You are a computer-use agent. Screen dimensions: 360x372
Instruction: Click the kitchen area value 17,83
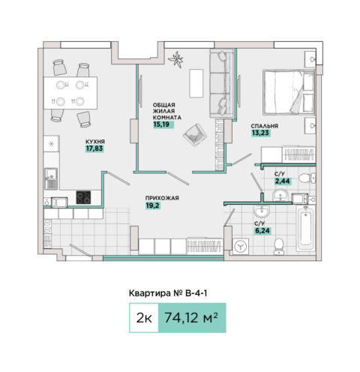click(x=94, y=148)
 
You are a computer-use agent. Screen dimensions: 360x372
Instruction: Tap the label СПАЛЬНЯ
click(x=265, y=126)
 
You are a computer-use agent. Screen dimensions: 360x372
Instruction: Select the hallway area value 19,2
click(x=152, y=205)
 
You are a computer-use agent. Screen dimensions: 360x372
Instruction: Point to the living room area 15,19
click(x=161, y=124)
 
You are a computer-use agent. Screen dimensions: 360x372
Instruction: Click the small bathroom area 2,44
click(x=283, y=181)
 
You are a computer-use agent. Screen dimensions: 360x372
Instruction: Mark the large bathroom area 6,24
click(x=262, y=231)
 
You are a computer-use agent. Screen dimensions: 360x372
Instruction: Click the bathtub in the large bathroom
click(x=306, y=228)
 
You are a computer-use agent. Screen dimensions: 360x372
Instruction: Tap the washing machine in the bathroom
click(x=241, y=247)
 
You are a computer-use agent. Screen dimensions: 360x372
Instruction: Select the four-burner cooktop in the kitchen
click(x=83, y=197)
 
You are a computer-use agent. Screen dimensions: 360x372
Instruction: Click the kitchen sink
click(x=51, y=178)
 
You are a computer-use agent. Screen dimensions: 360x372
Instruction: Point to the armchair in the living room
click(x=195, y=135)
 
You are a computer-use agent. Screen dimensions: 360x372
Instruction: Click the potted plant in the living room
click(x=176, y=59)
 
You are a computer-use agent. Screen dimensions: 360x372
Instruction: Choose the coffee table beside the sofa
click(x=196, y=83)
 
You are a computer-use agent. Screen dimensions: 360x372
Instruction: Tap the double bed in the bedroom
click(x=289, y=92)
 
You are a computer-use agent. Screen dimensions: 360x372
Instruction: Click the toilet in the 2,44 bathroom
click(x=307, y=178)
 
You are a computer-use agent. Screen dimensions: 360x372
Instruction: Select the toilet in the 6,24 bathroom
click(x=279, y=246)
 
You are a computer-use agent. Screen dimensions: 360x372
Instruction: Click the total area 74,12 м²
click(x=191, y=317)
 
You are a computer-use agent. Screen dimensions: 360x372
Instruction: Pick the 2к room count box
click(x=144, y=318)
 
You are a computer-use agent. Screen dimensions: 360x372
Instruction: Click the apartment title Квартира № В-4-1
click(x=168, y=293)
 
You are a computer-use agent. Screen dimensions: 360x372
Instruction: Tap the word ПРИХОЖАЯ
click(x=162, y=198)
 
